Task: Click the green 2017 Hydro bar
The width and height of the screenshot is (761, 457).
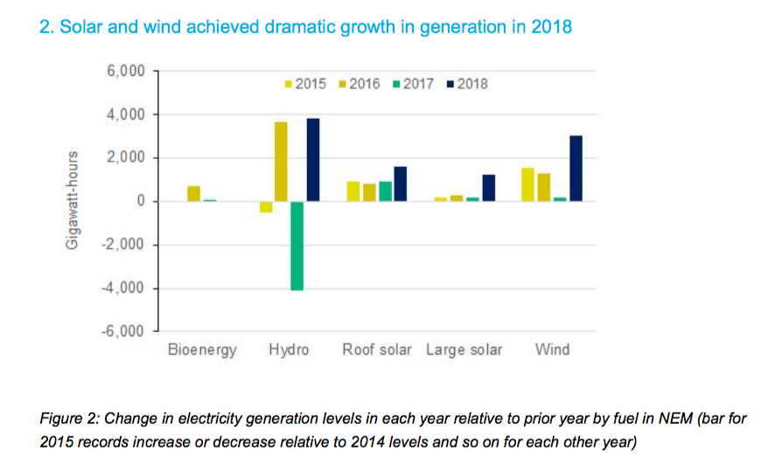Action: [297, 246]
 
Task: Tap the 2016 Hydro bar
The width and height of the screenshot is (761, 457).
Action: [281, 162]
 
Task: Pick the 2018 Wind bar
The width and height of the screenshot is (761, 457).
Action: [576, 169]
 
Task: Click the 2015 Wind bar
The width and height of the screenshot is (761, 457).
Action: [528, 184]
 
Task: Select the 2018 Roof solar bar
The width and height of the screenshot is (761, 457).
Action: [401, 183]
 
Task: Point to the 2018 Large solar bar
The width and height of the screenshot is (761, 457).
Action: [488, 188]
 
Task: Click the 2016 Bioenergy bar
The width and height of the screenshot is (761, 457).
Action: [193, 193]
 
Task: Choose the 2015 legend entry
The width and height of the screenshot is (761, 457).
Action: [305, 84]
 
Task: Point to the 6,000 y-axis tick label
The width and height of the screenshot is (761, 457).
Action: [126, 71]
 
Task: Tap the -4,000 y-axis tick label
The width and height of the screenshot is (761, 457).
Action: [123, 288]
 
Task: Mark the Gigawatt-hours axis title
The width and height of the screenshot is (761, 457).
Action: [73, 201]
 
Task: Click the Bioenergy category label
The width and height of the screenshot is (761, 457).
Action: [201, 350]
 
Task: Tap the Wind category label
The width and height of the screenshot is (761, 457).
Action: [552, 350]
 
